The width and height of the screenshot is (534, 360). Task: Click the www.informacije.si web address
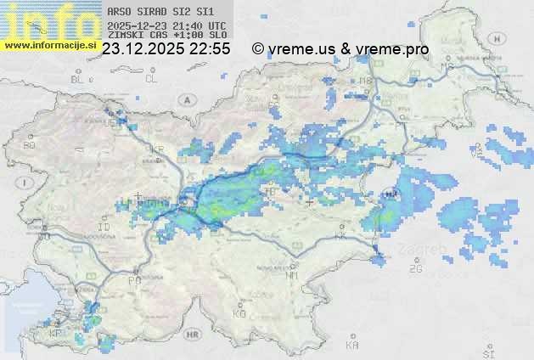point(50,45)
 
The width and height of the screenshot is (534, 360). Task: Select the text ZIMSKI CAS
point(136,35)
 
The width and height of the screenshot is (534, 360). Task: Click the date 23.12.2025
point(141,49)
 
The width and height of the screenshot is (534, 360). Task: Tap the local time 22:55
point(210,49)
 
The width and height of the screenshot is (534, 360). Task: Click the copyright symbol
point(258,49)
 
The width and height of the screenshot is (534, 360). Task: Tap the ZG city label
point(415,269)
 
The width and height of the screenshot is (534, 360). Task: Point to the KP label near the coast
point(55,333)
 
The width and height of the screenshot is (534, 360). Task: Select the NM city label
point(292,275)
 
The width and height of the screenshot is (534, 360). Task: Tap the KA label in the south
point(352,346)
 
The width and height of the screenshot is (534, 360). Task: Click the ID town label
point(104,228)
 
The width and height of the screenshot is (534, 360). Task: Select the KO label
point(239,313)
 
